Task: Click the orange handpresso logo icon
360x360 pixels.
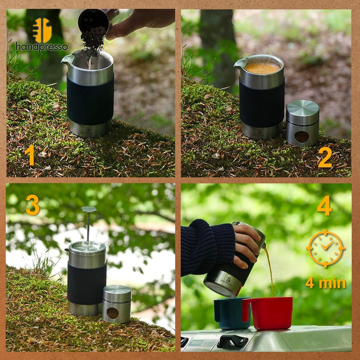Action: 42,30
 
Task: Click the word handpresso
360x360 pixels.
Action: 41,47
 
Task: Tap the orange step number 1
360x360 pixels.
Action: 30,155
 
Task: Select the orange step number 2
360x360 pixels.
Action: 324,157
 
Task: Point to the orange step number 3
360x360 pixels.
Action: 32,205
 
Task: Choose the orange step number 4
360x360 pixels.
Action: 324,205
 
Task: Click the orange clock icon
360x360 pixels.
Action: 325,248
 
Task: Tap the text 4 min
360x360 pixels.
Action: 325,283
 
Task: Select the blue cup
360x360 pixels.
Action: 231,313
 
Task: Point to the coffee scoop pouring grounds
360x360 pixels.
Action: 93,21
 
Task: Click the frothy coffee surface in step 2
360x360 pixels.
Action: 262,67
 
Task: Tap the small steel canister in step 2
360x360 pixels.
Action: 302,123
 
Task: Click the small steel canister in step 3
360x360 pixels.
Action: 117,303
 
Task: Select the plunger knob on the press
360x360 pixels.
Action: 88,209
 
